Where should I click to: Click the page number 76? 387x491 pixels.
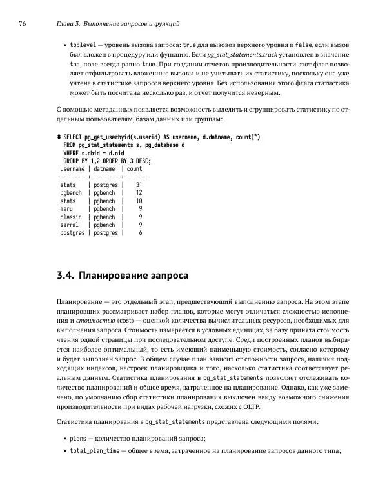tap(23, 24)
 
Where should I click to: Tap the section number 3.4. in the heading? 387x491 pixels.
tap(66, 276)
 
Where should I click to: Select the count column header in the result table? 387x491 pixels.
tap(134, 168)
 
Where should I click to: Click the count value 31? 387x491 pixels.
tap(138, 185)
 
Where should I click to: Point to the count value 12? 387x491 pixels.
tap(138, 192)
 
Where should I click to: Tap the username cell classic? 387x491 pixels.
tap(71, 217)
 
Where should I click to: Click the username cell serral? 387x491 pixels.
tap(70, 225)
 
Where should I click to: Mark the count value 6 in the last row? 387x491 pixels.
tap(140, 233)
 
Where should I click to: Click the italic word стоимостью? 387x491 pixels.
tap(97, 321)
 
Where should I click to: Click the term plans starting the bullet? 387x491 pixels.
tap(78, 438)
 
